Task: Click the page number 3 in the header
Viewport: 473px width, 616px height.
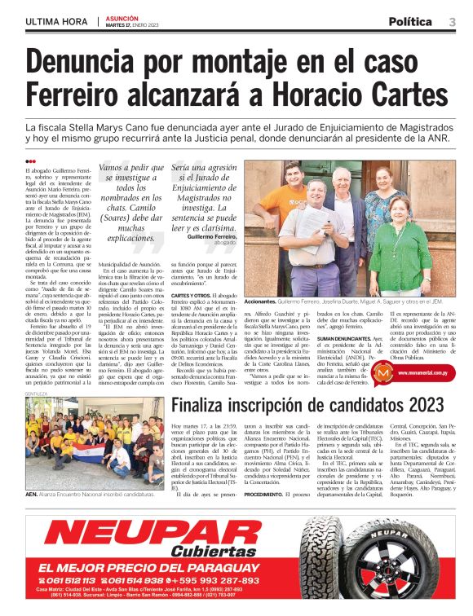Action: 451,21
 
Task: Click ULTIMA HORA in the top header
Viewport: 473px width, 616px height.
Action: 57,20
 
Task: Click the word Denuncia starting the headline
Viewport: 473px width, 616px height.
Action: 96,60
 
